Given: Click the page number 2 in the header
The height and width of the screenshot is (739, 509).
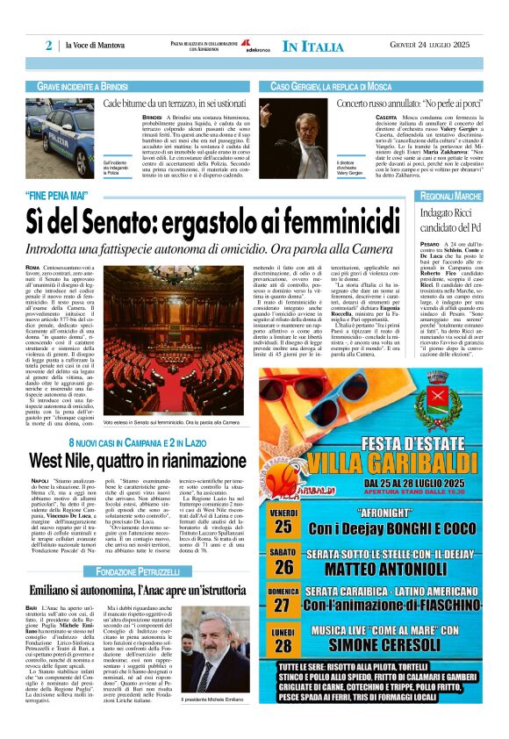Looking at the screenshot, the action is (x=49, y=46).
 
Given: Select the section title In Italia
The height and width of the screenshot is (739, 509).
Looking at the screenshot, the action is (x=314, y=46).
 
